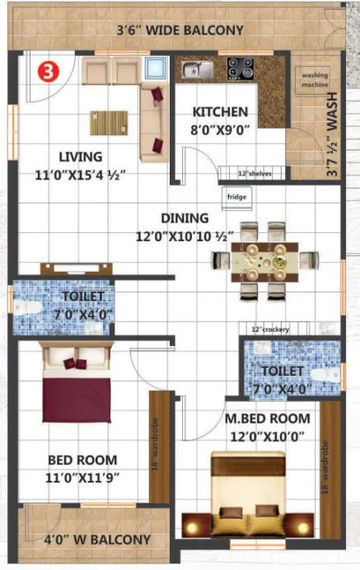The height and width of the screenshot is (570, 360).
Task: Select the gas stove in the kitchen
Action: click(x=241, y=68)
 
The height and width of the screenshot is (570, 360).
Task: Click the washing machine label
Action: click(x=314, y=80)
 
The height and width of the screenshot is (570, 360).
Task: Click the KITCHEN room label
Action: click(x=220, y=112)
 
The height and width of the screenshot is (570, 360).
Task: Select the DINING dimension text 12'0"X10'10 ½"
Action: click(x=185, y=236)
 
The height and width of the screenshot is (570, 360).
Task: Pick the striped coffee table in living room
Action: click(x=110, y=123)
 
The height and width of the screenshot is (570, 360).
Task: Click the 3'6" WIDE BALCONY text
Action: click(x=180, y=31)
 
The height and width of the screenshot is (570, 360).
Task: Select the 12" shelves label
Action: click(x=255, y=174)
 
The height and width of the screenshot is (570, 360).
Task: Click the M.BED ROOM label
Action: click(x=264, y=418)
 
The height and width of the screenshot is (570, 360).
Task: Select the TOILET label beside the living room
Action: click(x=82, y=296)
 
